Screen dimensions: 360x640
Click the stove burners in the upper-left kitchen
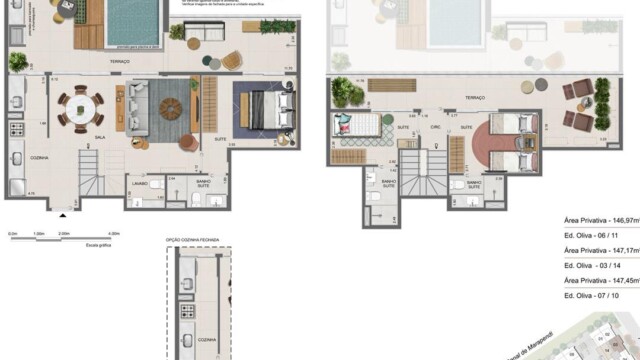click(x=16, y=130)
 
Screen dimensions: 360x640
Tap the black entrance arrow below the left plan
click(x=64, y=213)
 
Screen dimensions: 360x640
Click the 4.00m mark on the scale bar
click(x=113, y=235)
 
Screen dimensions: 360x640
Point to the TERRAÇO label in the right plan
click(x=474, y=98)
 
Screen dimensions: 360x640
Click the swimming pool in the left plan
click(x=133, y=22)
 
